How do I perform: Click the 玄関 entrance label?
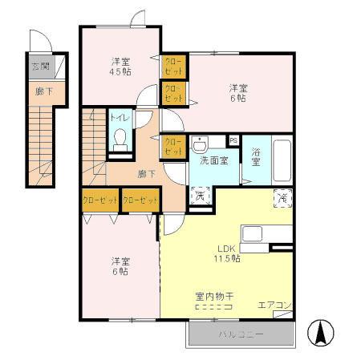point(39,67)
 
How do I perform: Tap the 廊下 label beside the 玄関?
point(39,91)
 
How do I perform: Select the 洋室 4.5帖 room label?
point(121,66)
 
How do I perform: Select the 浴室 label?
point(257,157)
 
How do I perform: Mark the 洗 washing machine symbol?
point(200,195)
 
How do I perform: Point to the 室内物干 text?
point(213,296)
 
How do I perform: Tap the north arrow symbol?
point(321,331)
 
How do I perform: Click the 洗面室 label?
point(213,160)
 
